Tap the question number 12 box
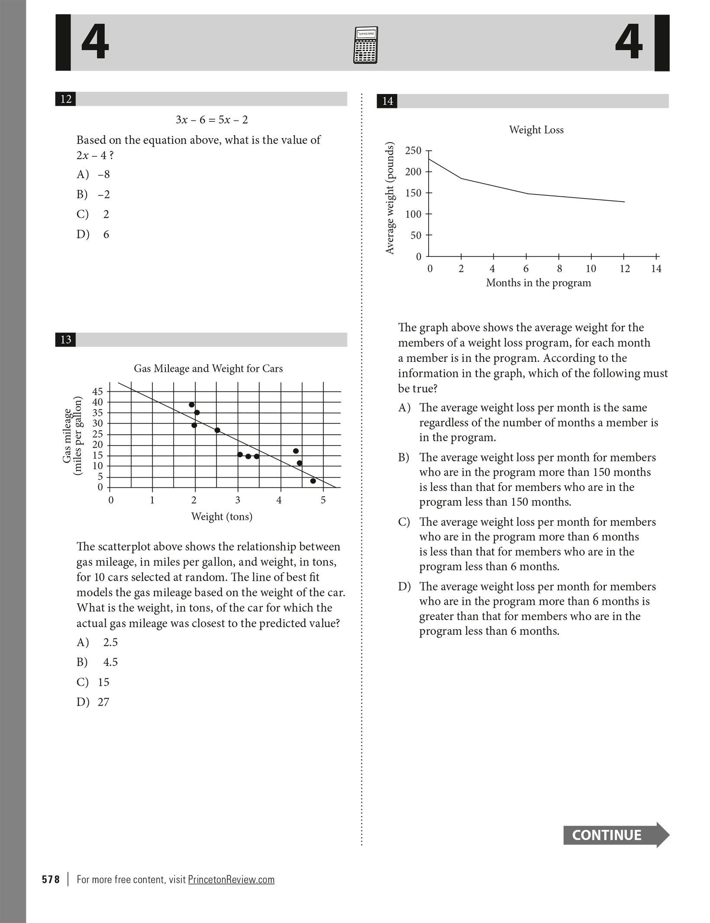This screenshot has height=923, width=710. tap(66, 99)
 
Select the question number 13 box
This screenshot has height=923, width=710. tap(66, 339)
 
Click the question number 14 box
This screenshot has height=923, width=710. tap(387, 101)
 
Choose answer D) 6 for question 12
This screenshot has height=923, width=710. tap(93, 234)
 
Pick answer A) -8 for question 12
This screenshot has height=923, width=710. tap(94, 175)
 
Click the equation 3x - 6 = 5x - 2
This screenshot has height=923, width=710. tap(212, 120)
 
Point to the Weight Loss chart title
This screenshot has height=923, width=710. tap(536, 130)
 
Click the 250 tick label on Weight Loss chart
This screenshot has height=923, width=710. tap(413, 151)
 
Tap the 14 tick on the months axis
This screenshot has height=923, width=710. tap(656, 269)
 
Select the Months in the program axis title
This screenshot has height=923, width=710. tap(538, 283)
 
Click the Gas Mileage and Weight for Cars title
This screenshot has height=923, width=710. tap(208, 369)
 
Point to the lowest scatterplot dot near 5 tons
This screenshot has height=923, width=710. tap(313, 481)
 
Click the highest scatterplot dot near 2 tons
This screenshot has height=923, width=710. tap(192, 405)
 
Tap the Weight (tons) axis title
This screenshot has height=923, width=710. tap(222, 517)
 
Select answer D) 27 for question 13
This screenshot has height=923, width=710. tap(93, 702)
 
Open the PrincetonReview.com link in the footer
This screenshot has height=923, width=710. tap(231, 879)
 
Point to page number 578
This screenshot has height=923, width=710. tap(51, 879)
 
